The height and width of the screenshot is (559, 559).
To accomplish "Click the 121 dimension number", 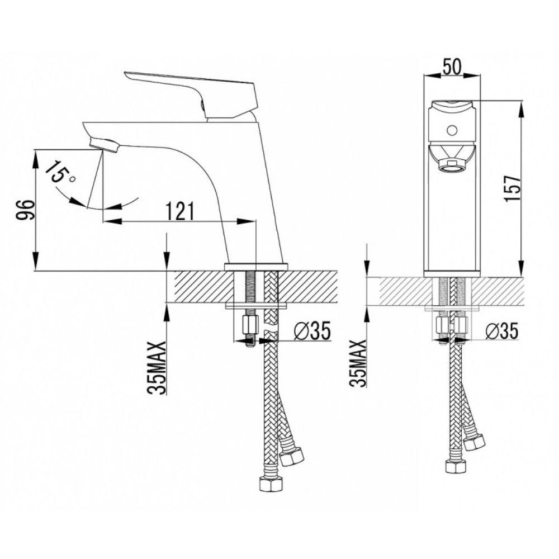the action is pyautogui.click(x=181, y=211).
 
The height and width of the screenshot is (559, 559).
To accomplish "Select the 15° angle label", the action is pyautogui.click(x=60, y=173).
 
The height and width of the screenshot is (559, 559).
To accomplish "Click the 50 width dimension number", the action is pyautogui.click(x=452, y=67).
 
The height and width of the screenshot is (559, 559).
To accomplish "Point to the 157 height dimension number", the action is pyautogui.click(x=513, y=188).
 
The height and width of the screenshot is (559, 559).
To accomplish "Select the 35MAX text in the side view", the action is pyautogui.click(x=157, y=368).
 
